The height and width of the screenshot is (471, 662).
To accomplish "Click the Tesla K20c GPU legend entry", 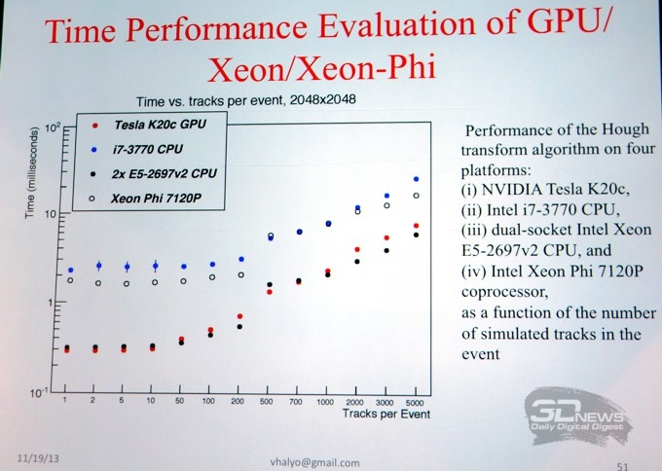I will [x=155, y=126].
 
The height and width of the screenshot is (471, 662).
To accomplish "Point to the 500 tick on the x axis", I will [x=270, y=401].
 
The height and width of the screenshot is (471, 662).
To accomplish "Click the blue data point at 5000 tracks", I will [x=416, y=179].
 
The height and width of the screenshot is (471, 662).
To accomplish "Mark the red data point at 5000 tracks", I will [x=416, y=226].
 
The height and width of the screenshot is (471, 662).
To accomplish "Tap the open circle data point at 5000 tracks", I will [x=416, y=196].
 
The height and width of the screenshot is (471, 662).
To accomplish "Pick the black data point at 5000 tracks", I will [x=416, y=235].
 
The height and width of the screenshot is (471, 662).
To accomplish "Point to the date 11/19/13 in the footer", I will [x=37, y=455].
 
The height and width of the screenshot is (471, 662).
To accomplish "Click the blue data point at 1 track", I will [x=70, y=270].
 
